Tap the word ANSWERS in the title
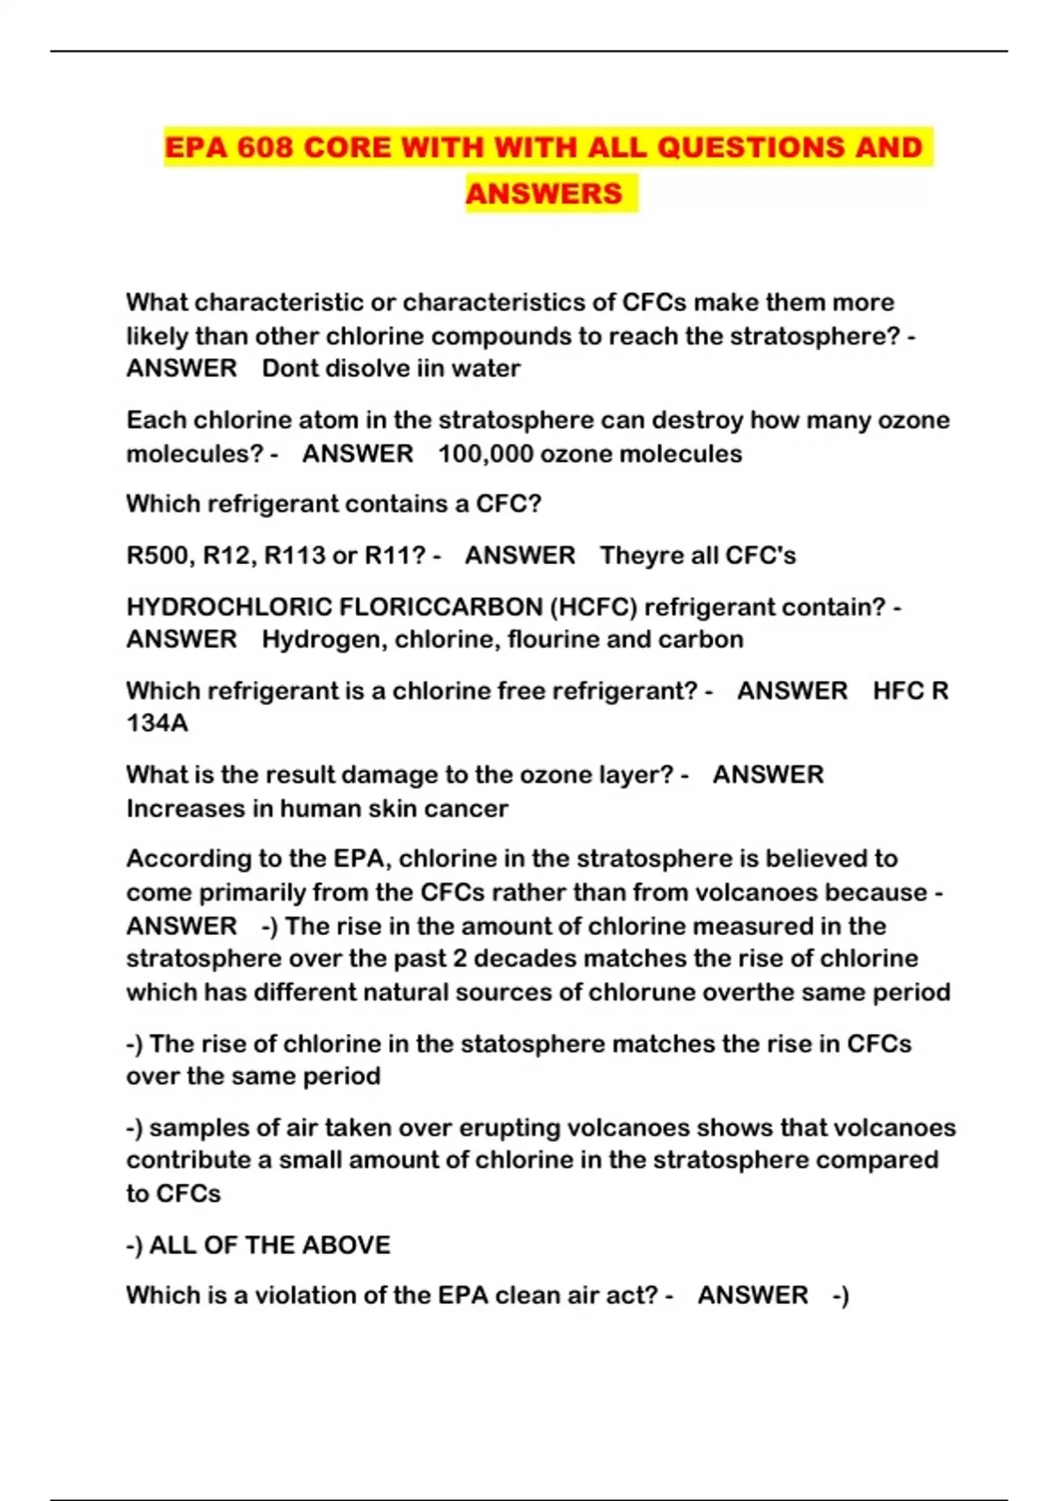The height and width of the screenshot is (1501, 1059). click(x=544, y=193)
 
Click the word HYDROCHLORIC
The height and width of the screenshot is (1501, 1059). click(x=229, y=607)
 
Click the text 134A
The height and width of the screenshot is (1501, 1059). click(x=157, y=723)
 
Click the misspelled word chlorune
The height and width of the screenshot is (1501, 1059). click(x=642, y=992)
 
